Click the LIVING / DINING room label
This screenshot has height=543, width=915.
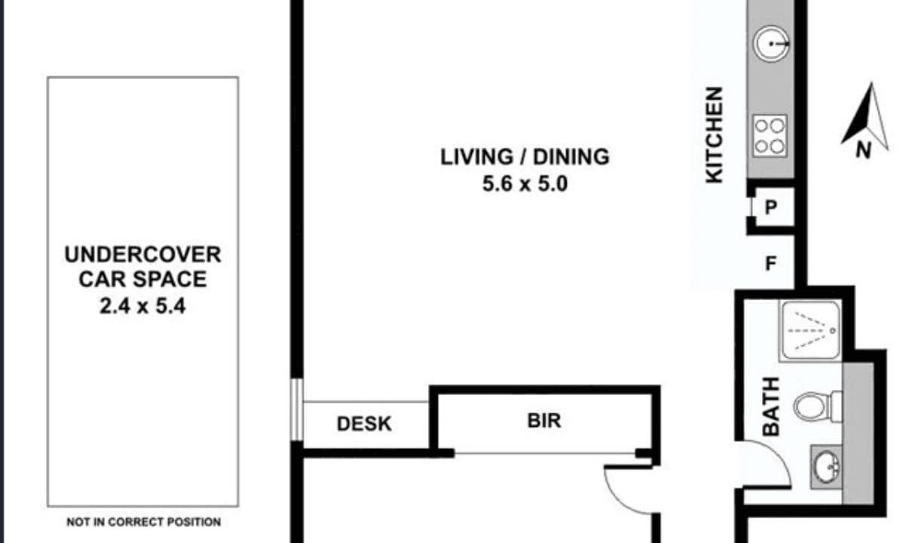coord(525,158)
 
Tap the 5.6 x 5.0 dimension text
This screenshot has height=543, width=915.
coord(525,184)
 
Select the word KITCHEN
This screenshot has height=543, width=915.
coord(715,135)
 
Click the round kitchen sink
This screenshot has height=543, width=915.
coord(771,44)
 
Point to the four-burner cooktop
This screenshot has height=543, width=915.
coord(770,136)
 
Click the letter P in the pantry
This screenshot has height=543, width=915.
coord(770,207)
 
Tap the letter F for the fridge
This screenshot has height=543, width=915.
coord(770,263)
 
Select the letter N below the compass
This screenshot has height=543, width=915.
coord(864,150)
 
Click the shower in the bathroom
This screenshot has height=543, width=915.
coord(810,331)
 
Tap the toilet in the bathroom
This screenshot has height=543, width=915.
coord(818,406)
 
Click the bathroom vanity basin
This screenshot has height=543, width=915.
coord(826,467)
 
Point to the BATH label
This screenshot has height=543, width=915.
coord(771,406)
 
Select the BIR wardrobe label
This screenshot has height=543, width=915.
coord(544,421)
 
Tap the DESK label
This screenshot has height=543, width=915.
coord(364,424)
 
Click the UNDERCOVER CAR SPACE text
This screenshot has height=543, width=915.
coord(142,267)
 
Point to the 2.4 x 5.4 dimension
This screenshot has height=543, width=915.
coord(142,306)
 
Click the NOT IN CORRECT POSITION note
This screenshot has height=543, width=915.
coord(143,522)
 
